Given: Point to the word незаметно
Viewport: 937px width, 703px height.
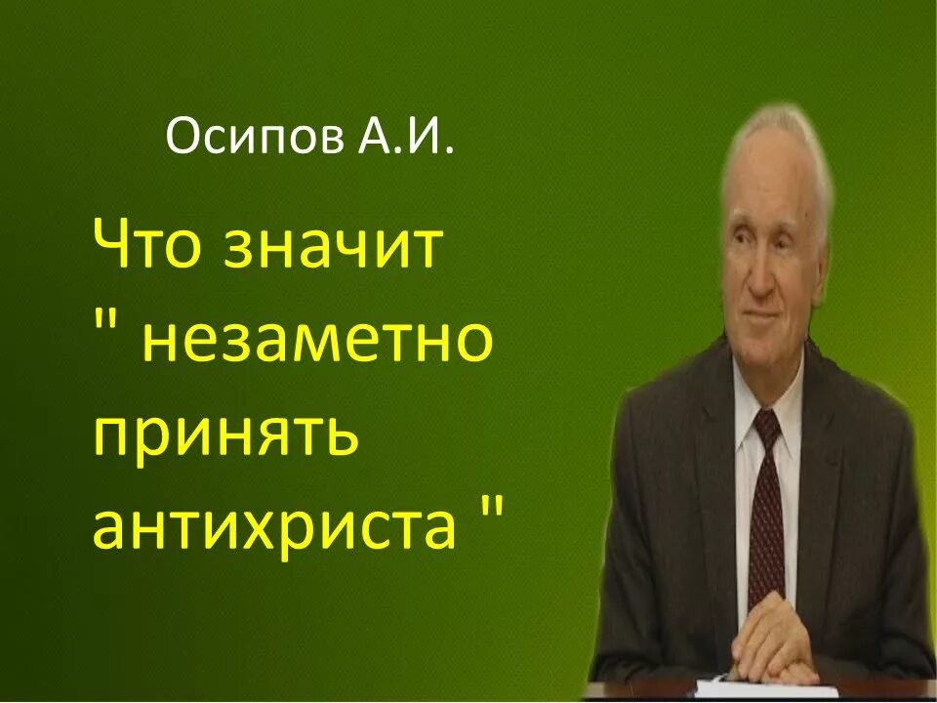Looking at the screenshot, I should (317, 342).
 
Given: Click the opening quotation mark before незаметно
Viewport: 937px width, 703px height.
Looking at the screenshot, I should (106, 322).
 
